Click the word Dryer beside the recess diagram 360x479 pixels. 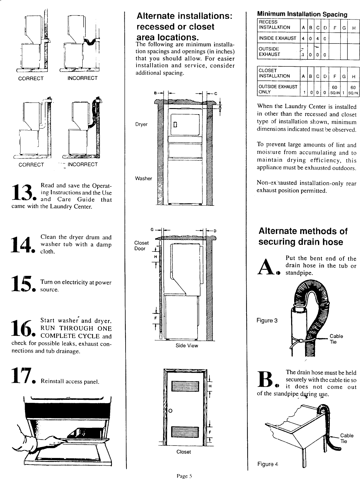141,124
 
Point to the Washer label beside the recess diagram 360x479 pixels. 143,178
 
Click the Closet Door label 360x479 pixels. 141,245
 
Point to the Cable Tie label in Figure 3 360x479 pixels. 336,339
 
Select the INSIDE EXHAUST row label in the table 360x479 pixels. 277,38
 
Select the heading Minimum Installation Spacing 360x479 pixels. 302,14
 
